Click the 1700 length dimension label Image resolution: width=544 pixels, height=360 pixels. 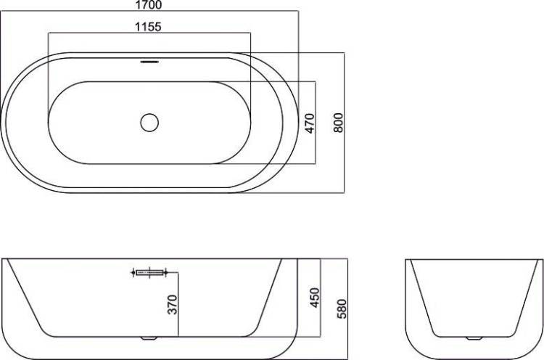(x=148, y=4)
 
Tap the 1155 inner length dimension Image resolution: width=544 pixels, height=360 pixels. (x=148, y=27)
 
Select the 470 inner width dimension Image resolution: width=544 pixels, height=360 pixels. (x=310, y=123)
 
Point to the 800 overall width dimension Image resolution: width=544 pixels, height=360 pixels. (x=338, y=123)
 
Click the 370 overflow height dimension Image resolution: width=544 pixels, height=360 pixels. (x=173, y=304)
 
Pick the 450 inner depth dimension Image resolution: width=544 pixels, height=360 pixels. (x=315, y=298)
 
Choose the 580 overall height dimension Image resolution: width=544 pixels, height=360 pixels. (x=342, y=309)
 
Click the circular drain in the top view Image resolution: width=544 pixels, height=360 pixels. (x=149, y=122)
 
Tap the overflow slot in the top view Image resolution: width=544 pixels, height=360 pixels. (x=149, y=62)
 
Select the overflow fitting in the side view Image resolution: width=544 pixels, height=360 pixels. (x=149, y=272)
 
